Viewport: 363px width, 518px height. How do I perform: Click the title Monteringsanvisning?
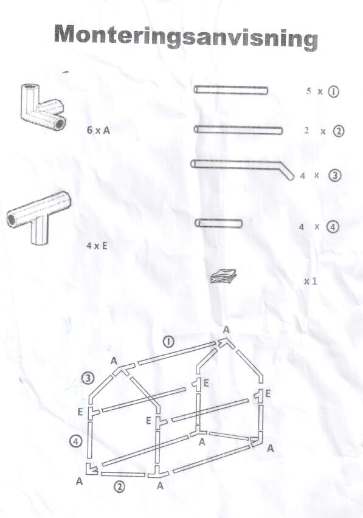pyautogui.click(x=185, y=37)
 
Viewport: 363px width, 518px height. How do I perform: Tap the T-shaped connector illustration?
pyautogui.click(x=38, y=216)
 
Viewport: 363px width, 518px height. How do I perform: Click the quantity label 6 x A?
pyautogui.click(x=98, y=130)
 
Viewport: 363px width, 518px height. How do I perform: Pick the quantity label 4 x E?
pyautogui.click(x=97, y=246)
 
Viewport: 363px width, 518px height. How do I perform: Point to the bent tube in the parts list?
pyautogui.click(x=242, y=168)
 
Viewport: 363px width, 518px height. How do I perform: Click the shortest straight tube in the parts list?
pyautogui.click(x=218, y=223)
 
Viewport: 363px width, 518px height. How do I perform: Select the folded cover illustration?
pyautogui.click(x=223, y=276)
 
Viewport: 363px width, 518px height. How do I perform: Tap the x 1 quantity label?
pyautogui.click(x=310, y=281)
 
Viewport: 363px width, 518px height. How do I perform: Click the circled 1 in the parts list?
pyautogui.click(x=333, y=92)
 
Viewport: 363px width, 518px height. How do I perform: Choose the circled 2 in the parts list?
pyautogui.click(x=338, y=131)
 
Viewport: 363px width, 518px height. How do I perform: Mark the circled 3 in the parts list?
pyautogui.click(x=335, y=176)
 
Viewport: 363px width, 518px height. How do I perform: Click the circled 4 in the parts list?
pyautogui.click(x=333, y=227)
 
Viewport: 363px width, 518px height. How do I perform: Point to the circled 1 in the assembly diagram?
pyautogui.click(x=169, y=342)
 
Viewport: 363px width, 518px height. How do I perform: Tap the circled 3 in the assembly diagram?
pyautogui.click(x=88, y=378)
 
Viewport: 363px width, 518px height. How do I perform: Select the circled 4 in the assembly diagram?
pyautogui.click(x=76, y=441)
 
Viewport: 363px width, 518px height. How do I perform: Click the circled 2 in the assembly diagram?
pyautogui.click(x=120, y=486)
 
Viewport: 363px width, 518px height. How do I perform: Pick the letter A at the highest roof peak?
pyautogui.click(x=226, y=330)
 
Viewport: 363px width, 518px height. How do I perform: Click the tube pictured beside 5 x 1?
pyautogui.click(x=231, y=90)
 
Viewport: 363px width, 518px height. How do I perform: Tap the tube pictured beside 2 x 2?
pyautogui.click(x=238, y=130)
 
